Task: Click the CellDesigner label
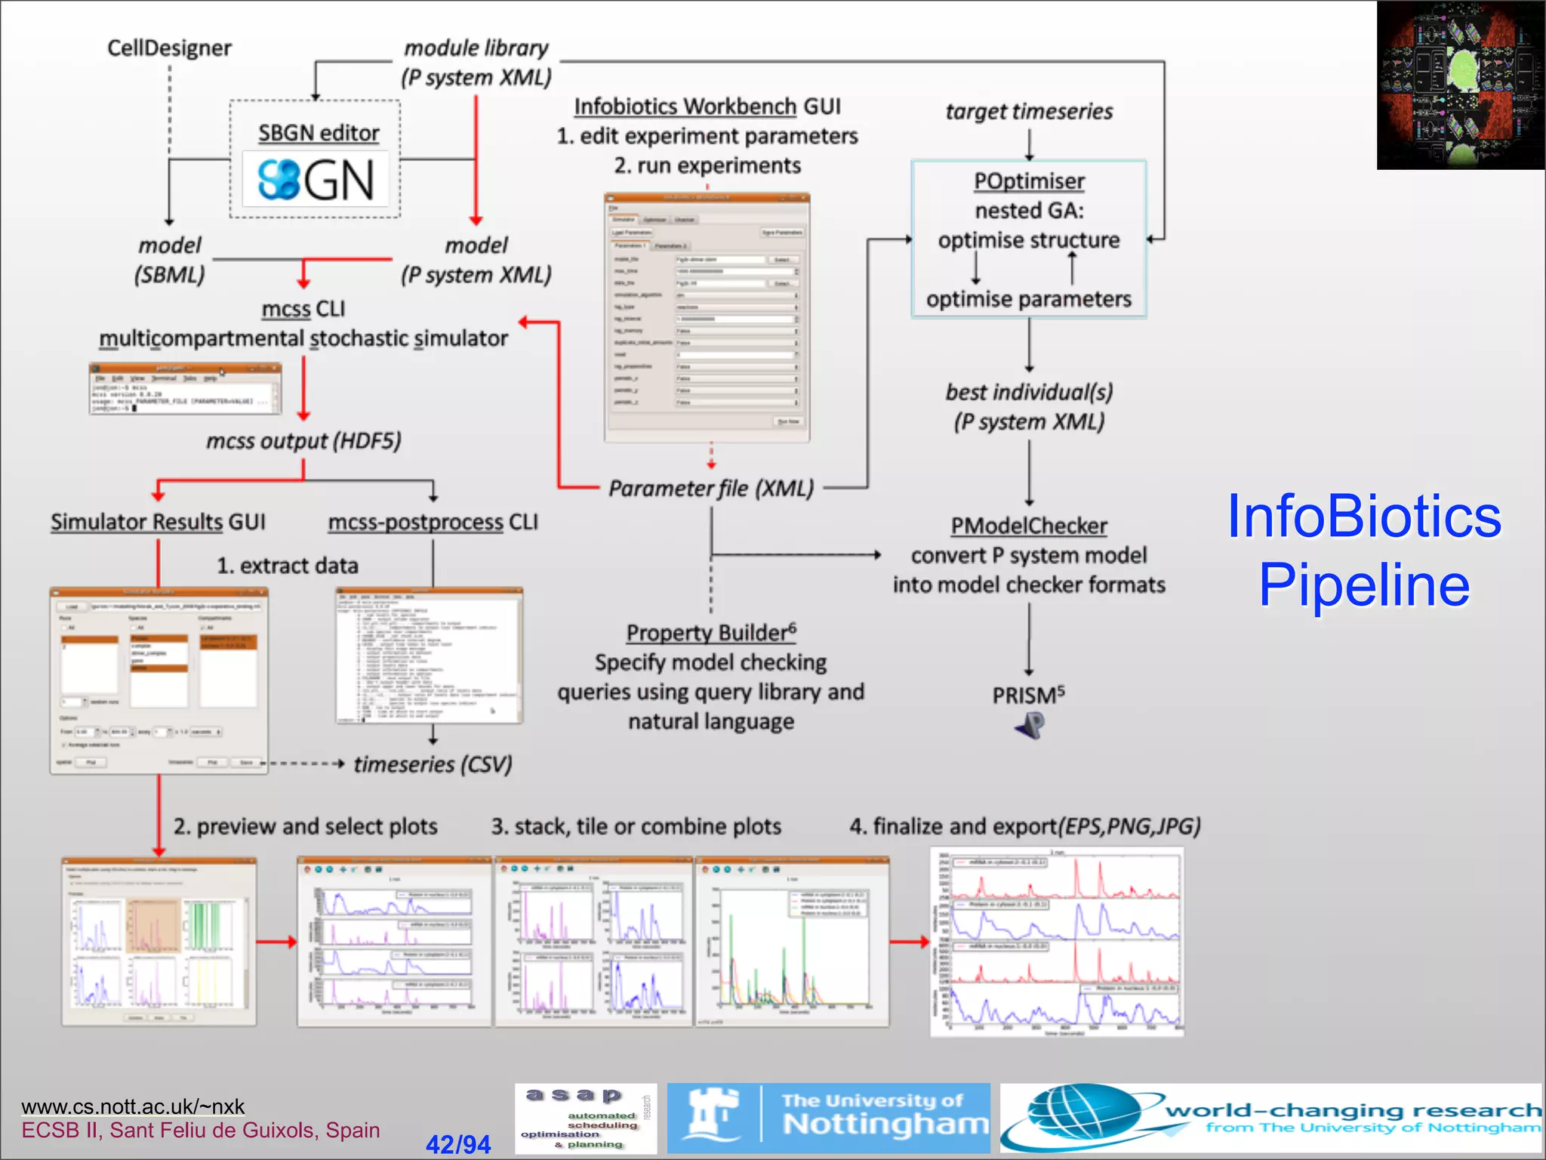pos(169,48)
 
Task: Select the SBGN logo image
pos(316,180)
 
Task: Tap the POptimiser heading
pos(1028,181)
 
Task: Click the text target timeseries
pos(1028,112)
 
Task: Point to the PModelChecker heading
pos(1028,526)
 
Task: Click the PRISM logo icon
pos(1030,726)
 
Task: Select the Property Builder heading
pos(711,633)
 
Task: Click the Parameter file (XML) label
pos(711,489)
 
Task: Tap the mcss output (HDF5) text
pos(303,441)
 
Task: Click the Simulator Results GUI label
pos(158,522)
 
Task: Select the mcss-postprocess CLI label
pos(433,522)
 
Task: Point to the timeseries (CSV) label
pos(433,764)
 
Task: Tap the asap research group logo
pos(586,1118)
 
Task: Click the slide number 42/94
pos(457,1144)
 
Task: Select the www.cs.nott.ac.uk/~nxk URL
pos(133,1106)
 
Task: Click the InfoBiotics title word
pos(1363,517)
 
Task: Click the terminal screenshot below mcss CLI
pos(185,388)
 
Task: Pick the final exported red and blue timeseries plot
pos(1057,942)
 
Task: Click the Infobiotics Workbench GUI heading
pos(707,106)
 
